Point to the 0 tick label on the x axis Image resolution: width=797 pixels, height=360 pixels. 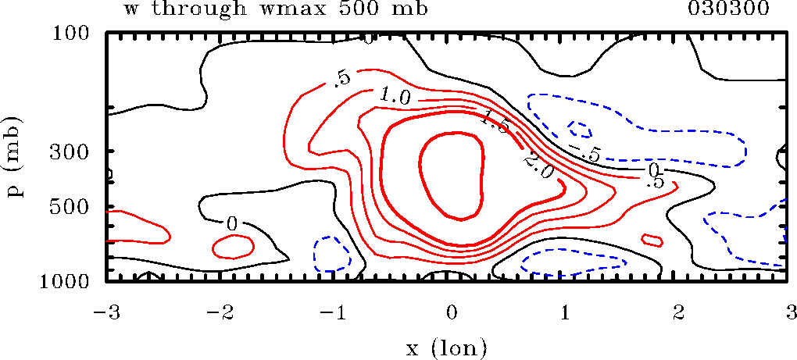[x=451, y=312]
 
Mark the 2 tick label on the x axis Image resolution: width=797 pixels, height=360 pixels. [x=677, y=312]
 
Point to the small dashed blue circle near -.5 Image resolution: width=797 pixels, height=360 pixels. [x=581, y=130]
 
